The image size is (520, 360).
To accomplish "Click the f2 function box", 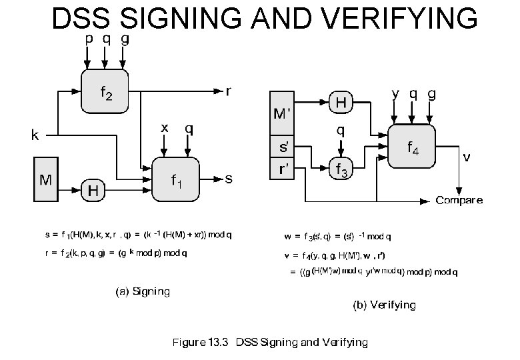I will point(105,91).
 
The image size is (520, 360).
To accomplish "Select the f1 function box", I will point(175,179).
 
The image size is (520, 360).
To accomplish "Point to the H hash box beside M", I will point(95,190).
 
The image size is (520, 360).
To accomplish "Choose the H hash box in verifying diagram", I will point(341,102).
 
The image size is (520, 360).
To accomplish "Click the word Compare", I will point(459,201).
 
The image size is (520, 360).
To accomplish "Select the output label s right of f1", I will point(229,179).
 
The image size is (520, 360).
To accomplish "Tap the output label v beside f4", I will point(468,157).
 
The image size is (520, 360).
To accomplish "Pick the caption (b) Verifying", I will point(384,305).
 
